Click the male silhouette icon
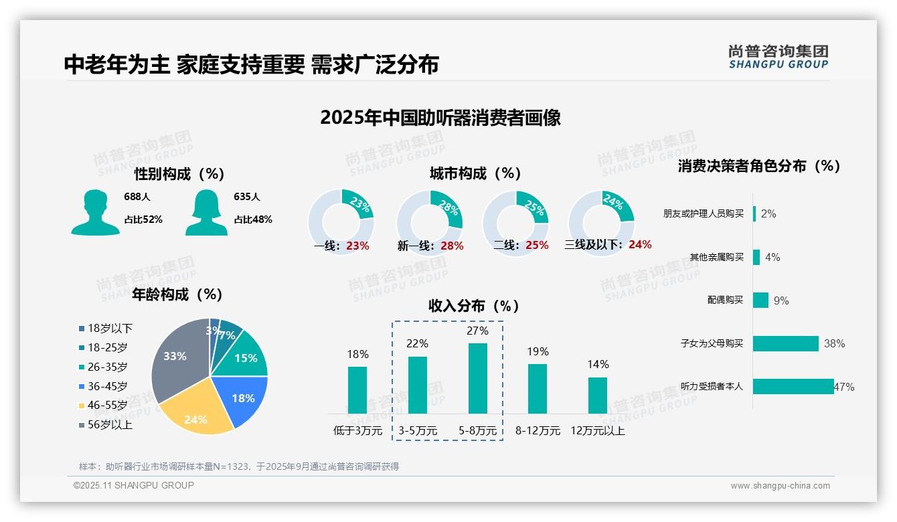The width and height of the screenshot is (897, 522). (x=95, y=213)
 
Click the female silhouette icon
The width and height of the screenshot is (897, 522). (x=206, y=213)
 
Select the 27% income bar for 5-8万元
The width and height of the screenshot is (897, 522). (x=477, y=378)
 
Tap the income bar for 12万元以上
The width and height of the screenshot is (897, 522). (x=598, y=395)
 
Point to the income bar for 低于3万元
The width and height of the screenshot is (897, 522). (x=357, y=389)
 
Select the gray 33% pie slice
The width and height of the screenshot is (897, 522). (x=177, y=358)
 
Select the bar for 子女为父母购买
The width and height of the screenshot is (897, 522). (x=786, y=343)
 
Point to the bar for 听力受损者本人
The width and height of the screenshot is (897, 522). (x=793, y=386)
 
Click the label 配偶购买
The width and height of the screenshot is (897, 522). (x=725, y=300)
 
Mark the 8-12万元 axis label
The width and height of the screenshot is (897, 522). (x=538, y=430)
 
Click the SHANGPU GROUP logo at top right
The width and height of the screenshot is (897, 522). (x=778, y=57)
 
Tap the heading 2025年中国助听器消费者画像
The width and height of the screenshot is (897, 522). (x=440, y=118)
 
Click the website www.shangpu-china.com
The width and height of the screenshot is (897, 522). (x=780, y=486)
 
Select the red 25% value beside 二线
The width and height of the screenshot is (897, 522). (x=537, y=245)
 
